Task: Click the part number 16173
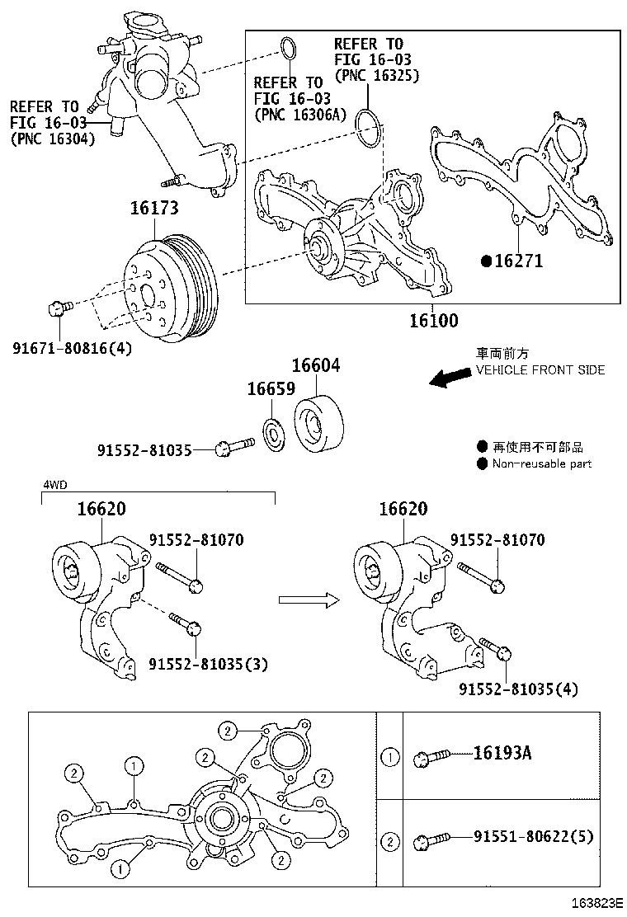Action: pyautogui.click(x=153, y=209)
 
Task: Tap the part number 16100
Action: pyautogui.click(x=432, y=320)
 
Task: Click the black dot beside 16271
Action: pyautogui.click(x=487, y=261)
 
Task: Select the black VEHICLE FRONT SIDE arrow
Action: pyautogui.click(x=450, y=379)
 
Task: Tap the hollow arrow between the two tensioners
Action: pyautogui.click(x=309, y=600)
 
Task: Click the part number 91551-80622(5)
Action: pyautogui.click(x=533, y=836)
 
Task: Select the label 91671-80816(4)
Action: pyautogui.click(x=72, y=347)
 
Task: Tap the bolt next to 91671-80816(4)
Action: pyautogui.click(x=58, y=308)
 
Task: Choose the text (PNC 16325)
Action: pyautogui.click(x=377, y=75)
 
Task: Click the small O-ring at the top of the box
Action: pyautogui.click(x=288, y=49)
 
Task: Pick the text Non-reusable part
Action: pyautogui.click(x=542, y=463)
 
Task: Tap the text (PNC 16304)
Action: pyautogui.click(x=53, y=139)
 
